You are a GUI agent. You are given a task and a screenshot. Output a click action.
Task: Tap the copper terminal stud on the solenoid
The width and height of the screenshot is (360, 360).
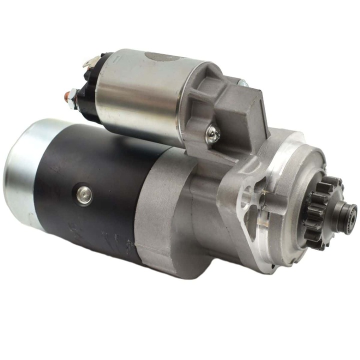(66, 96)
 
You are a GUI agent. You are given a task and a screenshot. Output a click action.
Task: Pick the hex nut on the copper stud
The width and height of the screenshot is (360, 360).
(72, 95)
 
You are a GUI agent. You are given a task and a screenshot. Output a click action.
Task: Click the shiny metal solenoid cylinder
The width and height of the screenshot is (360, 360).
(145, 95)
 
